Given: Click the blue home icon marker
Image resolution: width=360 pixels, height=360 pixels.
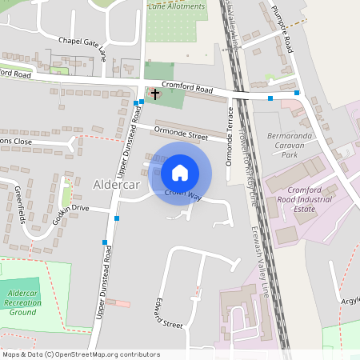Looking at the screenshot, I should click(x=180, y=173).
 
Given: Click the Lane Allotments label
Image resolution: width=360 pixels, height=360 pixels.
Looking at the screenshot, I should click(x=177, y=6).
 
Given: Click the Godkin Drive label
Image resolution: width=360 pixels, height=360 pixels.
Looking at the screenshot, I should click(x=70, y=207).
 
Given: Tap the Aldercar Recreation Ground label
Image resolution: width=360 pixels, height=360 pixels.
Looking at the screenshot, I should click(x=22, y=302).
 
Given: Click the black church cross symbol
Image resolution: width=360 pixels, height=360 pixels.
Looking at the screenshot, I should click(x=154, y=94).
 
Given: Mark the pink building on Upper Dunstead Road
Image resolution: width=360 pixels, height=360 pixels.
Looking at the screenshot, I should click(x=118, y=303).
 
